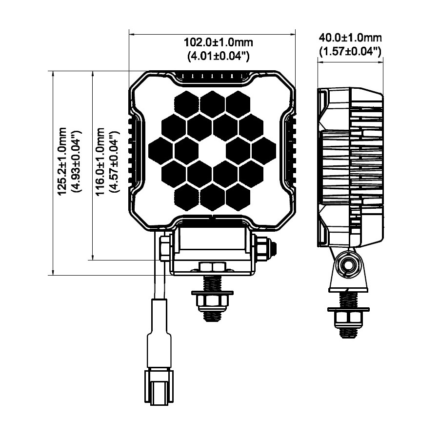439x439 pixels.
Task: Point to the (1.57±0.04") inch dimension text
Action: coord(350,51)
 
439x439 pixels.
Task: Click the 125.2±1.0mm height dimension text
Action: coord(62,161)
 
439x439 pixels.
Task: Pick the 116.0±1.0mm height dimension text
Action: coord(100,161)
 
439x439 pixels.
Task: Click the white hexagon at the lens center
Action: coord(213,151)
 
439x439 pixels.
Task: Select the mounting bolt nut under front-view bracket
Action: coord(212,299)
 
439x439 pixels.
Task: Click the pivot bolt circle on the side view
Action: coord(348,265)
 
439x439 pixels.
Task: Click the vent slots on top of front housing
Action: coord(212,76)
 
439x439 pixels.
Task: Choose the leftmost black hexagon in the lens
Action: coord(161,151)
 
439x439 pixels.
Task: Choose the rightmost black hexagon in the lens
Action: coord(264,151)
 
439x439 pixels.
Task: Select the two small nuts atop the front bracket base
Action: coord(212,266)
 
